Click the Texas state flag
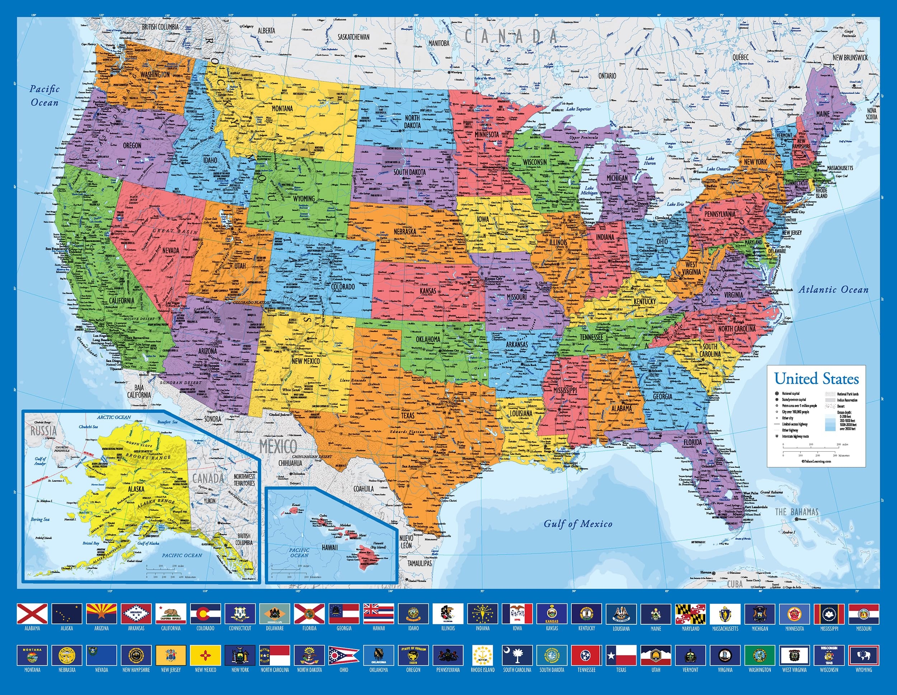tap(621, 655)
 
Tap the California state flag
tap(170, 614)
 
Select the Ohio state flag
tap(344, 655)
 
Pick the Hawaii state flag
tap(379, 614)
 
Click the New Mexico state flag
tap(205, 655)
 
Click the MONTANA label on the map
tap(282, 108)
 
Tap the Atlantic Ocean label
tap(833, 289)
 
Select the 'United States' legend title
tap(817, 378)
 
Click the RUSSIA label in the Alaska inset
tap(43, 431)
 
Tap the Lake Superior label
tap(579, 109)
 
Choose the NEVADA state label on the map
tap(170, 250)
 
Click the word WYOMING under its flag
tap(864, 670)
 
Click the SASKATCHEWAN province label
tap(354, 37)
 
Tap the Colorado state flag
tap(205, 614)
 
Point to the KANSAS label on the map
tap(428, 291)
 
